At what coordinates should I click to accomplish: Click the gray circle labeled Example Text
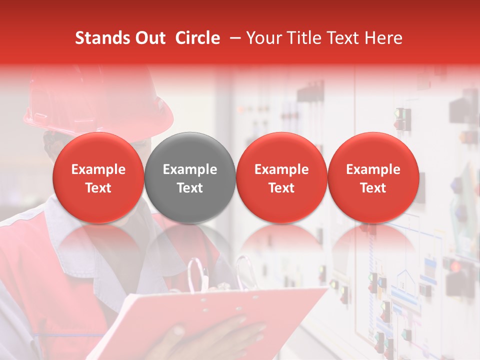point(190,178)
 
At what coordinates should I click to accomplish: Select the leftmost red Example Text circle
point(98,178)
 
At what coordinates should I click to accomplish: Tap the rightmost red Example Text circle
point(373,178)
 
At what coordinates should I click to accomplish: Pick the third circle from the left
point(281,178)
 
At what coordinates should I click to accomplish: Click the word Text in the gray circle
point(190,188)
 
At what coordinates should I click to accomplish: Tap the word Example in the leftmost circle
point(98,169)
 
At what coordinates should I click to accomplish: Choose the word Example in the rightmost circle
point(373,169)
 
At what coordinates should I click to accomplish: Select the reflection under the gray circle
point(190,245)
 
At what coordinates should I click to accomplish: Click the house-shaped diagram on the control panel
point(405,280)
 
